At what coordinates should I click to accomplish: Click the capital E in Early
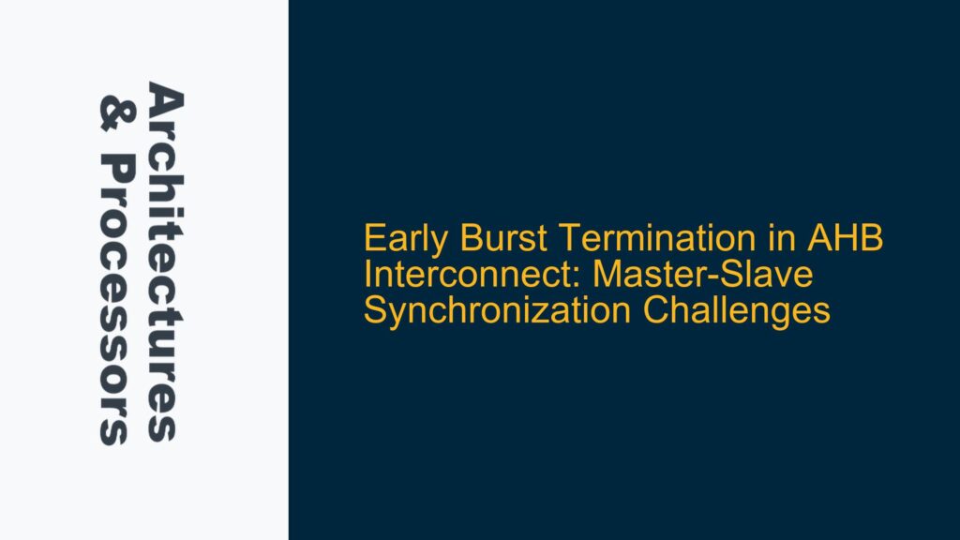373,241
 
